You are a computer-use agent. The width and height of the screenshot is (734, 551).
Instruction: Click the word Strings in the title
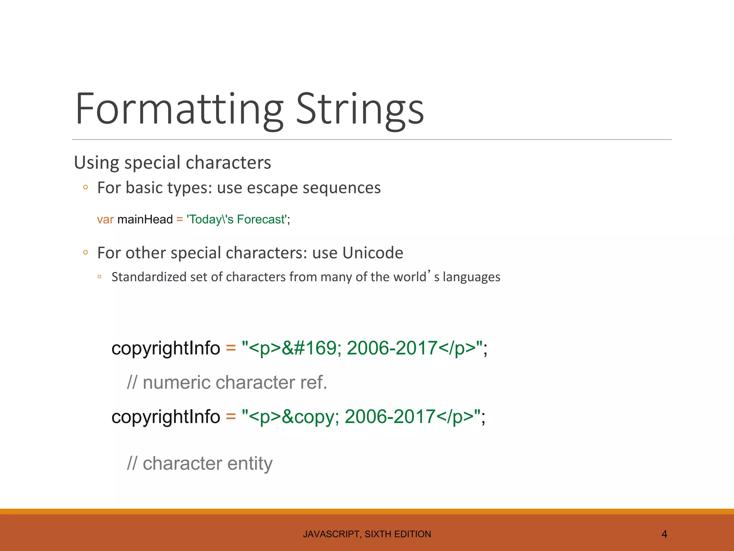pos(360,109)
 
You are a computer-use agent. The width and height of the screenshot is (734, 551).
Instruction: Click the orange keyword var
pos(105,219)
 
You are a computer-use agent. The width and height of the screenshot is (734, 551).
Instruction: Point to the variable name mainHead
pos(145,219)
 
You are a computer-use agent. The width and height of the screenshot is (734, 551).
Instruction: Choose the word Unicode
pos(372,253)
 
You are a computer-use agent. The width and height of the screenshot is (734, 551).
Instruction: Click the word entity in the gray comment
pos(250,463)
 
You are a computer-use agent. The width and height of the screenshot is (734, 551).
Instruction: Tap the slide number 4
pos(664,534)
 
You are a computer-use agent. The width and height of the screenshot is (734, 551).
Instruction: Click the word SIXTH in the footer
pos(378,534)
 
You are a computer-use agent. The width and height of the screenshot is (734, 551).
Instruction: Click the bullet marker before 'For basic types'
pos(85,187)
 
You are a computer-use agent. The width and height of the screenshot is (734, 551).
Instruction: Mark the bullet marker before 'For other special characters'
pos(85,252)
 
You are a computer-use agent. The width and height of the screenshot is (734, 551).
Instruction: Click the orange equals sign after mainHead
pos(180,219)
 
